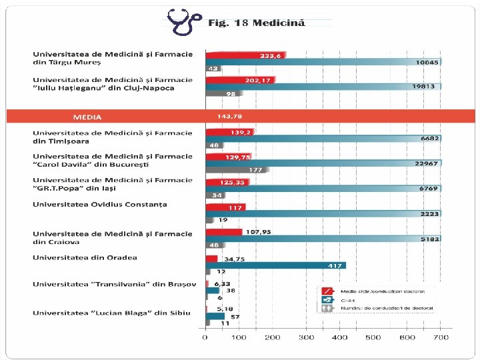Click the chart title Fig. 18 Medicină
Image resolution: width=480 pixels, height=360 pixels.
pyautogui.click(x=257, y=23)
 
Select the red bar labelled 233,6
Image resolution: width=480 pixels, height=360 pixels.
pyautogui.click(x=245, y=55)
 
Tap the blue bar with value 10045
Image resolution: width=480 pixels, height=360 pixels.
pyautogui.click(x=323, y=62)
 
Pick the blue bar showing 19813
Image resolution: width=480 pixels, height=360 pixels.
pyautogui.click(x=323, y=86)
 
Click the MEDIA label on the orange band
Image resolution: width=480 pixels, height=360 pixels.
pyautogui.click(x=87, y=117)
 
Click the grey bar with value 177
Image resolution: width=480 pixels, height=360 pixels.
pyautogui.click(x=237, y=170)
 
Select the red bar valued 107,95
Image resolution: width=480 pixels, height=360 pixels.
pyautogui.click(x=224, y=232)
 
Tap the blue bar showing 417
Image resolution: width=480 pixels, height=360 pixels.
pyautogui.click(x=275, y=265)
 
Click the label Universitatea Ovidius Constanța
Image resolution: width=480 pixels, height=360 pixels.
pyautogui.click(x=100, y=204)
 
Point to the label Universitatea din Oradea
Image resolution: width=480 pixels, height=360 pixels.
pyautogui.click(x=85, y=257)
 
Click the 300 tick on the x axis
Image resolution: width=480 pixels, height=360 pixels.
pyautogui.click(x=306, y=337)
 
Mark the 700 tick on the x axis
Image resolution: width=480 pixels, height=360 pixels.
pyautogui.click(x=440, y=337)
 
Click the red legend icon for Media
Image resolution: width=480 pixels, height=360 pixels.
pyautogui.click(x=327, y=291)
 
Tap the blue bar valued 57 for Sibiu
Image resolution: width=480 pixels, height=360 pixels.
pyautogui.click(x=215, y=317)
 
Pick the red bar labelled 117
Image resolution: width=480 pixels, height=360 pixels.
pyautogui.click(x=225, y=207)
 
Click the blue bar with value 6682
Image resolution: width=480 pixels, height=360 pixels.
pyautogui.click(x=323, y=139)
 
